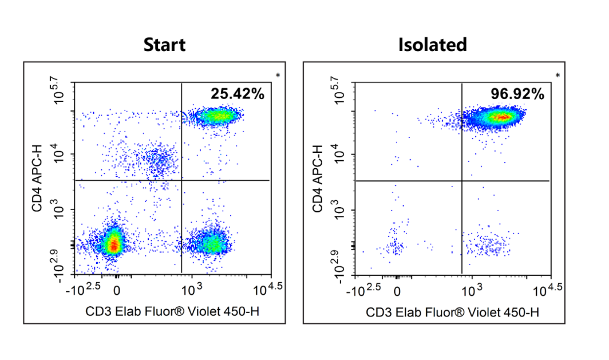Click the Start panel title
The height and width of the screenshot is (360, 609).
164,45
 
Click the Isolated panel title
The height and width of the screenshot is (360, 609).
433,45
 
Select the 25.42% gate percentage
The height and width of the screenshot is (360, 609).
237,94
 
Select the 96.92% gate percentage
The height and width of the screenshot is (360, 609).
517,94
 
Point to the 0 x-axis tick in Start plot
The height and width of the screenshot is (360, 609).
117,290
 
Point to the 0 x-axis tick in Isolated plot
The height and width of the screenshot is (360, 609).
398,290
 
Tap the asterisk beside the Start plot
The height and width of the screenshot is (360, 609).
278,76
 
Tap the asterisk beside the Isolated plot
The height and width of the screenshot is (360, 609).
558,76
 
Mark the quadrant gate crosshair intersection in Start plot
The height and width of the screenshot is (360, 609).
181,180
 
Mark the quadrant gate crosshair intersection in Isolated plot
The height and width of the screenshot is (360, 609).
461,181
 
